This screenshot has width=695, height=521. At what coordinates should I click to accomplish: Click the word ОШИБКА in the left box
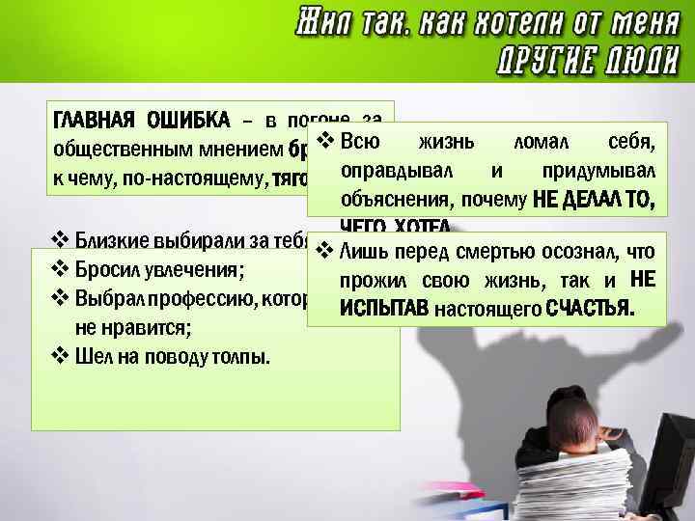187,121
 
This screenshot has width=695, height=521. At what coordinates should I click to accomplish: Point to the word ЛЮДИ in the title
636,61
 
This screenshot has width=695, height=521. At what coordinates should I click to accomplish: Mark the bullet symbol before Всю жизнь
324,143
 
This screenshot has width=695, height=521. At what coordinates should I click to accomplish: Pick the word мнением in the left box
236,150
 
